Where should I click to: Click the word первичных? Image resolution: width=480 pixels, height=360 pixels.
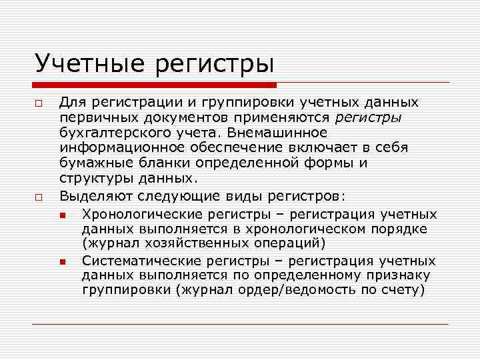(x=93, y=117)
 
